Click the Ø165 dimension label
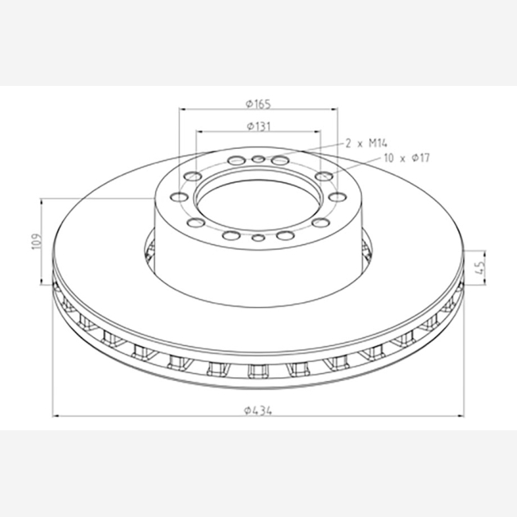coord(258,104)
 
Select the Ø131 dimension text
coord(258,126)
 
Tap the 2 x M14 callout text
coord(366,143)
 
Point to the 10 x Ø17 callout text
coord(407,158)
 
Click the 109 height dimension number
coord(37,242)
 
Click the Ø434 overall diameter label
coord(258,410)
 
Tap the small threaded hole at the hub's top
coord(258,160)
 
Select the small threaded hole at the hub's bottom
coord(258,237)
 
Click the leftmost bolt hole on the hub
coord(179,197)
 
